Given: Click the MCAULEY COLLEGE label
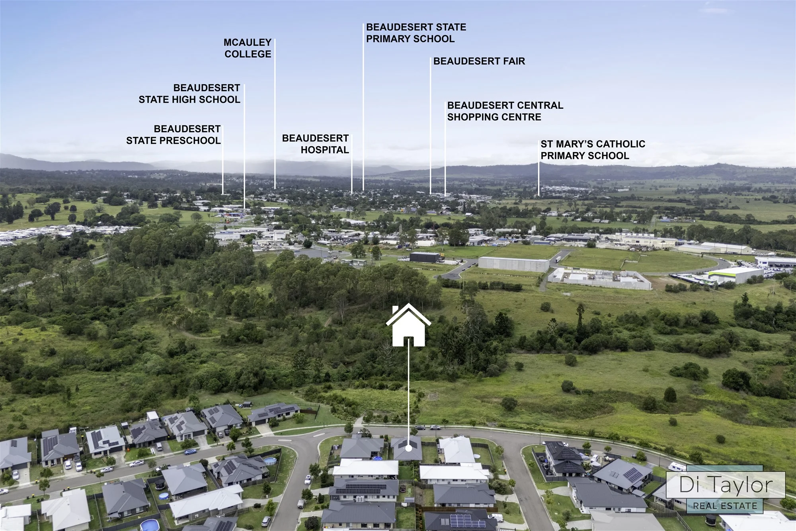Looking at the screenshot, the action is click(248, 48).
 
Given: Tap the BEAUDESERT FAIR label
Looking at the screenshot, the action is click(479, 61).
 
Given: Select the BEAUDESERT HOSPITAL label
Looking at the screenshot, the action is click(315, 144).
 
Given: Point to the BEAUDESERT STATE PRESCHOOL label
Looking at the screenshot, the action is click(173, 135).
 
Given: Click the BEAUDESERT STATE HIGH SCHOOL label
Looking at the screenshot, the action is click(189, 94).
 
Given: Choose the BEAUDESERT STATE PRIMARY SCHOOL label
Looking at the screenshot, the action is click(416, 33).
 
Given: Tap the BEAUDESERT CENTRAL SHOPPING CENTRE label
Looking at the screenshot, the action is click(505, 111).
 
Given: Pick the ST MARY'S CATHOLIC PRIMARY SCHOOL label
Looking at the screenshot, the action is click(593, 150).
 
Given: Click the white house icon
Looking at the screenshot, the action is click(408, 325).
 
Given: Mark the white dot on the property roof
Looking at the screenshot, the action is click(408, 448).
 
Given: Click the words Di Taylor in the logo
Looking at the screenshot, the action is click(726, 485).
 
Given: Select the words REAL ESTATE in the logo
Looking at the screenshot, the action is click(725, 506).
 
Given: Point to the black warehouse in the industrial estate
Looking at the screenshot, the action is click(425, 257).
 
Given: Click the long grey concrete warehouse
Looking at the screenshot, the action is click(513, 264).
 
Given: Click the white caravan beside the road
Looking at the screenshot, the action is click(677, 466).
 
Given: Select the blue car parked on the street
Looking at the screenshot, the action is click(190, 452).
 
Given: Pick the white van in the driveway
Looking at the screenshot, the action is click(496, 517).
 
